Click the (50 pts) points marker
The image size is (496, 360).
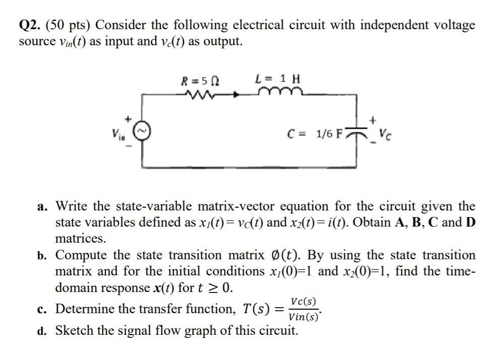click(x=70, y=25)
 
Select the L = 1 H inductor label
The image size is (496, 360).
click(x=277, y=79)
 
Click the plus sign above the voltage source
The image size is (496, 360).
click(x=129, y=119)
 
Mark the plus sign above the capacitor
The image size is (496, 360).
click(x=373, y=121)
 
